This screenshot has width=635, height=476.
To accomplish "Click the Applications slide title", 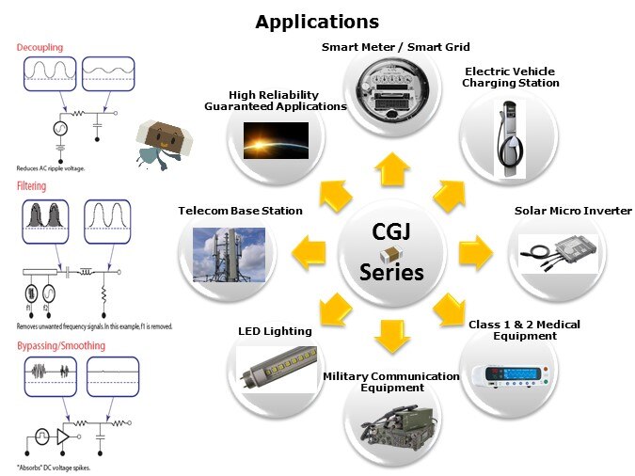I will coord(317,22).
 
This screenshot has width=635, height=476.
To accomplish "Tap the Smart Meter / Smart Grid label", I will coord(395,47).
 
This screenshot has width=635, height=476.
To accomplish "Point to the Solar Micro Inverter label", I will coord(573,211).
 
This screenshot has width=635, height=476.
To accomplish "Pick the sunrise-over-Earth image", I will coord(274,142).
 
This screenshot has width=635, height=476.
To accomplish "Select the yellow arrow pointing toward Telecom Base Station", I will coord(311,249).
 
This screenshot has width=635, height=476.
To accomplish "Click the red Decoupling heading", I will coord(39,46).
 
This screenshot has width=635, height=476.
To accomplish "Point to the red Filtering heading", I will coord(31,186).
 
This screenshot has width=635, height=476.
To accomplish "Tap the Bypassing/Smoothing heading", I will coord(61,345).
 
